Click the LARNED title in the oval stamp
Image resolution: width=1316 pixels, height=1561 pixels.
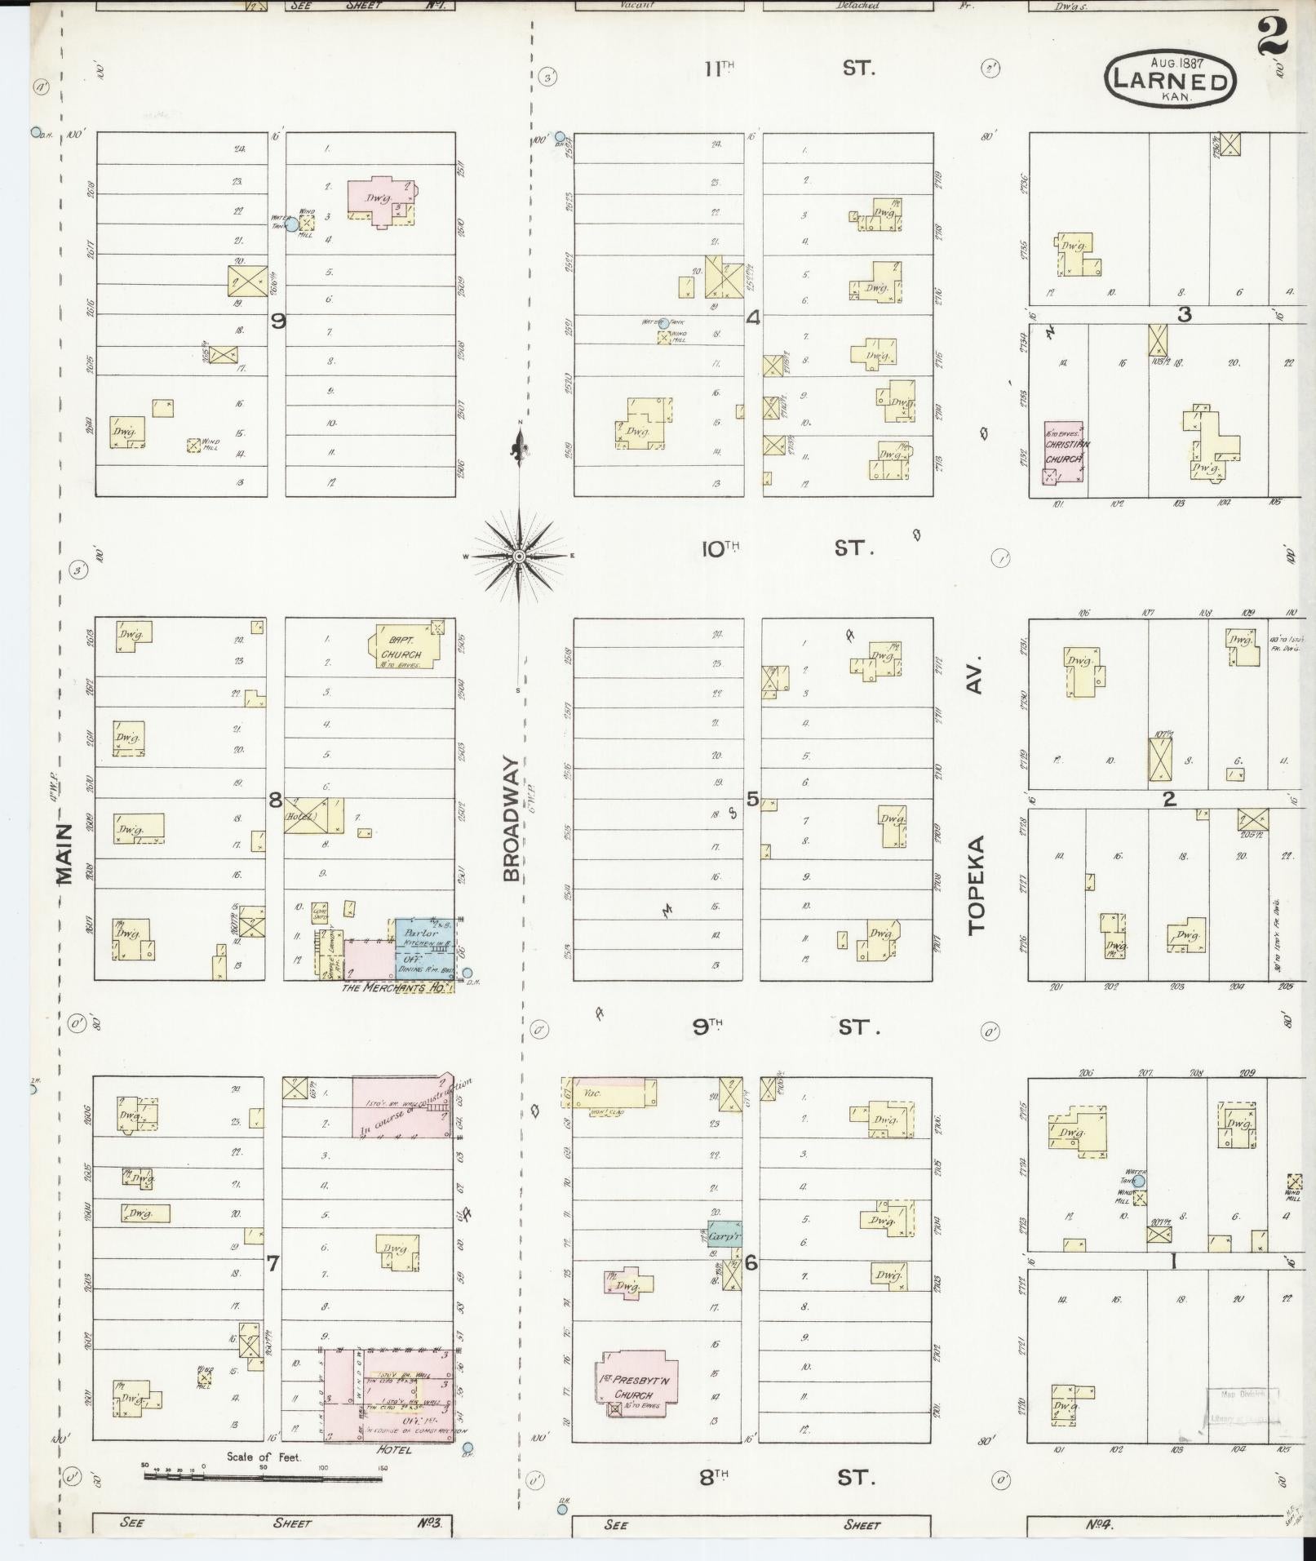pos(1170,81)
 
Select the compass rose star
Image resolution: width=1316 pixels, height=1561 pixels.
pos(519,557)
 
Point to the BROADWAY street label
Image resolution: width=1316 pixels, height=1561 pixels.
pos(512,818)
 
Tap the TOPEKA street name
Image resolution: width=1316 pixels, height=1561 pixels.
pos(977,884)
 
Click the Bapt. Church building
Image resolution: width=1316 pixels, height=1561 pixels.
pos(404,649)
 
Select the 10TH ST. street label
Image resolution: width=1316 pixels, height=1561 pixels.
pos(786,548)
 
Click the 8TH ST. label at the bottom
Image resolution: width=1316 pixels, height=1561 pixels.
pos(786,1477)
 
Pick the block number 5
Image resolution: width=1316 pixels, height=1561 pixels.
pos(752,799)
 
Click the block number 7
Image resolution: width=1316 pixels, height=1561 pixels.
pos(273,1264)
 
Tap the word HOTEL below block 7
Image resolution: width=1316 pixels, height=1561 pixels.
pos(394,1450)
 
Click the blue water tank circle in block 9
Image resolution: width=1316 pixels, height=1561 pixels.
pos(291,224)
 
